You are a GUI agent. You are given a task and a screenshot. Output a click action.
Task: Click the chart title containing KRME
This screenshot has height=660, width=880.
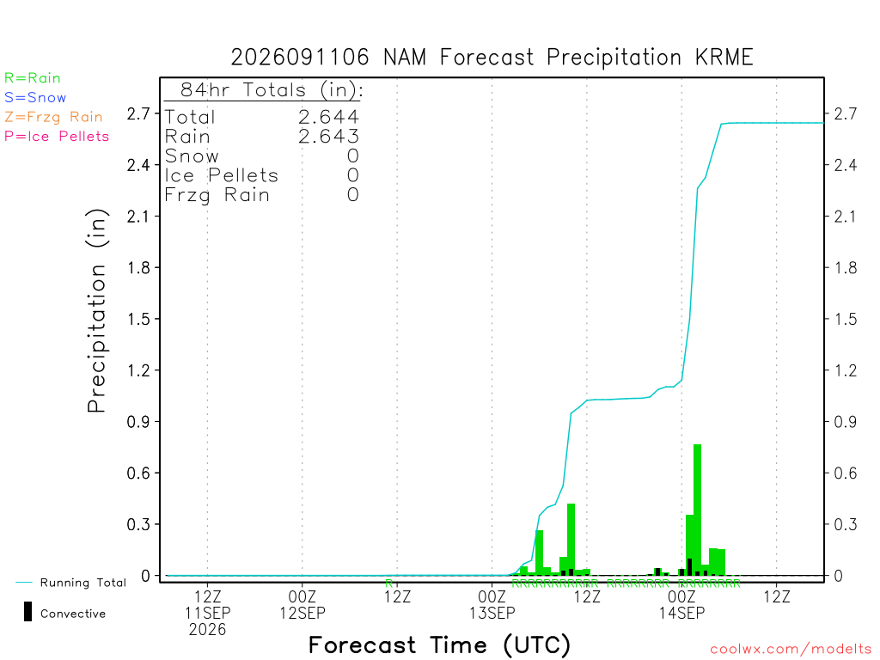492,58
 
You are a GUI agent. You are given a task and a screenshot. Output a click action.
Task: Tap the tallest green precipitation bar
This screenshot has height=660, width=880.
698,510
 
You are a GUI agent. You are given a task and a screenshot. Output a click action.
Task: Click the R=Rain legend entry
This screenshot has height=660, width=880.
33,78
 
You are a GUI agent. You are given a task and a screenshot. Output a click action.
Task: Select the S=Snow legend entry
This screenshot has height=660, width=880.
35,98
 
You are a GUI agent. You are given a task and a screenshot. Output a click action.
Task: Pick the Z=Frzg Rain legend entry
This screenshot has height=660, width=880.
53,117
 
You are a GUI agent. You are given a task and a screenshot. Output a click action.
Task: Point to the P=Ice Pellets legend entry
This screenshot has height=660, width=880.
57,137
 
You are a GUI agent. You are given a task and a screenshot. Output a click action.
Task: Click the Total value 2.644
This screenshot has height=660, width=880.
328,117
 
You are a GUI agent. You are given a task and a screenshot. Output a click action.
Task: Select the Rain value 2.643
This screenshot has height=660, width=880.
328,137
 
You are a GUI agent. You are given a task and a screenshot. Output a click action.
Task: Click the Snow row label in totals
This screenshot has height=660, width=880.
192,156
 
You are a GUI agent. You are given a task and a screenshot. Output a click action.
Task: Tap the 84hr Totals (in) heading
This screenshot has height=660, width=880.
272,89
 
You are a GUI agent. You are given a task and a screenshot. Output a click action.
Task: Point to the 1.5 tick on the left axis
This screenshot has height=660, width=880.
138,320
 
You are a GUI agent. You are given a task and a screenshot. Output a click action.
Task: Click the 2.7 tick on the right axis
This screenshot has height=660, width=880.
846,114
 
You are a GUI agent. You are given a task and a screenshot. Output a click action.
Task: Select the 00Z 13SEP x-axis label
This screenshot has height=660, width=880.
492,604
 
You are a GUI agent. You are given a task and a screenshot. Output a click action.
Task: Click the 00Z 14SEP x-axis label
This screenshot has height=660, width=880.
681,604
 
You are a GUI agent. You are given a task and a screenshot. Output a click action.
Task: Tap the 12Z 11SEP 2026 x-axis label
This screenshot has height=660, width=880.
208,613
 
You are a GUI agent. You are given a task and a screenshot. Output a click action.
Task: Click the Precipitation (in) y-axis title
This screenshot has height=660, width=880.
98,311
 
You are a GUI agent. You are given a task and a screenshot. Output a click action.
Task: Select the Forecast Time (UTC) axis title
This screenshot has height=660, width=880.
439,645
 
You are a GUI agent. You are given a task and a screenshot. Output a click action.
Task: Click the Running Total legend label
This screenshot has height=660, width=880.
83,583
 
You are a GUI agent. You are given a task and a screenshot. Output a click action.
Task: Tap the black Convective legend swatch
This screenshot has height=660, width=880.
27,612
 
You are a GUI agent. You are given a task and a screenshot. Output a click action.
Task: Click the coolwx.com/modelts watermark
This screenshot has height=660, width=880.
791,650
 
